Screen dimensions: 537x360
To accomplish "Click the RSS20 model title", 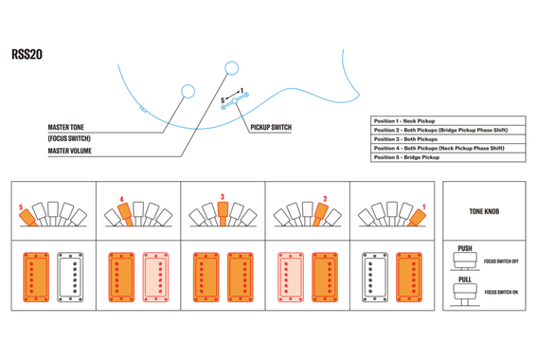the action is point(27,54).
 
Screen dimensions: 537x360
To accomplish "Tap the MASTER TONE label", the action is point(65,128).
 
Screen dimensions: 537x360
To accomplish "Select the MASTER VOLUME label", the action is point(69,151).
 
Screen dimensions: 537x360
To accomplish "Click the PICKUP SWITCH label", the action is point(271,128).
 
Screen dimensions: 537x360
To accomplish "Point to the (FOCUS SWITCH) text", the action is point(69,138).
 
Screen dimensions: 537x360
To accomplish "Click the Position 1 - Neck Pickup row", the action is point(448,121).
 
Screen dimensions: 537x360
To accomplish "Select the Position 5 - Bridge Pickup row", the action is point(448,157).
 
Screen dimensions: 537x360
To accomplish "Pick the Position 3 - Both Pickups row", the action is point(448,139).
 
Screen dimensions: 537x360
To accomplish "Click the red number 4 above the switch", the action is point(121,199).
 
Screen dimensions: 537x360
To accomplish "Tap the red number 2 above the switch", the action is point(325,199).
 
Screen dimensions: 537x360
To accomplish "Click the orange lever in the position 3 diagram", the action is point(223,213).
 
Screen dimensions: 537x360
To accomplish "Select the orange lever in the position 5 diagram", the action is point(27,218).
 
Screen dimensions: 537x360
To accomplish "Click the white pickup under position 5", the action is point(70,278).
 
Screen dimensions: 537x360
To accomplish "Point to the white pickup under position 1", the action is point(375,278).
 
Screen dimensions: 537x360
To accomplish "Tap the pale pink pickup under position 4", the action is point(155,278).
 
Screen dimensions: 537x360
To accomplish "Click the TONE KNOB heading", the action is point(484,211).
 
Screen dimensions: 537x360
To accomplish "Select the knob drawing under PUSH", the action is point(465,261).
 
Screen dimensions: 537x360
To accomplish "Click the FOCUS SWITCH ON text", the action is point(501,292).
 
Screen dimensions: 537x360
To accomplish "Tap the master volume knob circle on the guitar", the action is point(231,68).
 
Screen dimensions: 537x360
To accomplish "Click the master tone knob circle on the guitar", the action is point(188,92).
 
